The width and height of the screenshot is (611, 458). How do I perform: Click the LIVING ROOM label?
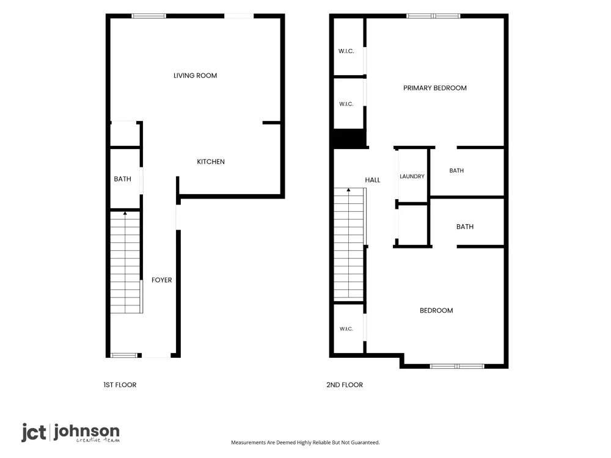pos(196,76)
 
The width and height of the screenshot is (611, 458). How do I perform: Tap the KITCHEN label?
pos(211,162)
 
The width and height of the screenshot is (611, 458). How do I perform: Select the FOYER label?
pos(162,280)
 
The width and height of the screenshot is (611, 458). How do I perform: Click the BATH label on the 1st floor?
pos(122,179)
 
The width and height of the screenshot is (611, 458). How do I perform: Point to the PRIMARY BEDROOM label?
pos(435,88)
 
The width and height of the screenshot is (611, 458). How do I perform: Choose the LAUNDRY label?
pos(412,176)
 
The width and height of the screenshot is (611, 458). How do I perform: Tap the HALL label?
pos(373,180)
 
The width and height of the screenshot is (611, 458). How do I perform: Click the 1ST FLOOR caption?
pos(120,385)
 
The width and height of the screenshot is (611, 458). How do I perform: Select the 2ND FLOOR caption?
pos(345,385)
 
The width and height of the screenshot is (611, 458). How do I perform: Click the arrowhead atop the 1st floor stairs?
pos(125,213)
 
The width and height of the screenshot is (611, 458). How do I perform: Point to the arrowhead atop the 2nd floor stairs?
pos(349,190)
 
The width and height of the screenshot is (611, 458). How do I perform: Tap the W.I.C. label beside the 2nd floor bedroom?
pos(346,329)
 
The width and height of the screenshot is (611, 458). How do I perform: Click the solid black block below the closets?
pos(350,138)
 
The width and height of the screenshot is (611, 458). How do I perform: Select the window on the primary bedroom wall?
pos(433,16)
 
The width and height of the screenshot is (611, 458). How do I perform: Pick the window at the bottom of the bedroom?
pos(457,366)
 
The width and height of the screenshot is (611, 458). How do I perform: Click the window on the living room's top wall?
pos(149,16)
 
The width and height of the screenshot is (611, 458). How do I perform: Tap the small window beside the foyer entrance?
pos(124,355)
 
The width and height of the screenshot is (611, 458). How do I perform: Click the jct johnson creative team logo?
pos(70,433)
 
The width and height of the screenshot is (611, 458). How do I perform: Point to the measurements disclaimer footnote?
pos(305,442)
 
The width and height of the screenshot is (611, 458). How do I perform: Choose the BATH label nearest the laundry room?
pos(456,170)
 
